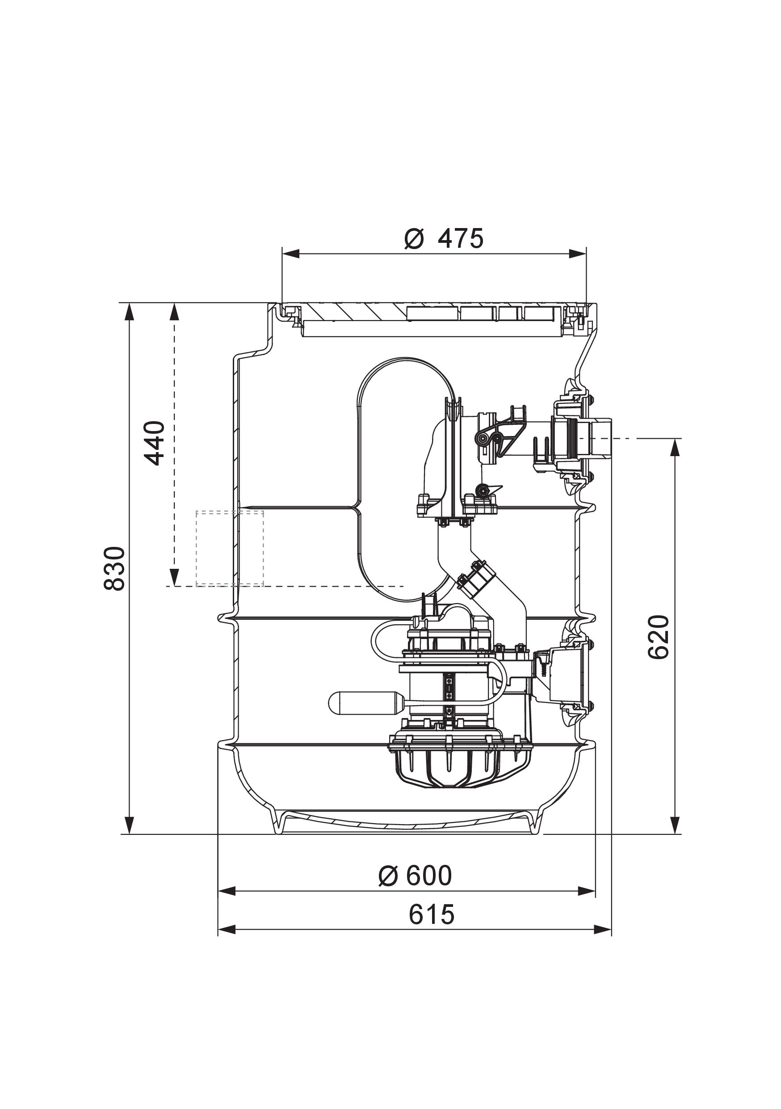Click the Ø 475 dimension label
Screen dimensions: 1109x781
(444, 239)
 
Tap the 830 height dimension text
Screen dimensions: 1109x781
(115, 568)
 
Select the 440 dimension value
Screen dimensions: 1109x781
(155, 443)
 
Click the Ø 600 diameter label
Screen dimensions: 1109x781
(415, 875)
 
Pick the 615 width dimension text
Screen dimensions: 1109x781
(432, 914)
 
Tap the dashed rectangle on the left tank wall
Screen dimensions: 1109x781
(229, 548)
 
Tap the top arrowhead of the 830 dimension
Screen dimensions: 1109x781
(129, 312)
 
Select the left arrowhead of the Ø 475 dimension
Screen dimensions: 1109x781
(290, 254)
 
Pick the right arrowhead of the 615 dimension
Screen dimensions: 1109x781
(603, 929)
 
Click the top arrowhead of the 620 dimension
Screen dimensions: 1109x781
(675, 447)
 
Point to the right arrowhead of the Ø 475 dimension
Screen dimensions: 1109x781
(578, 254)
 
